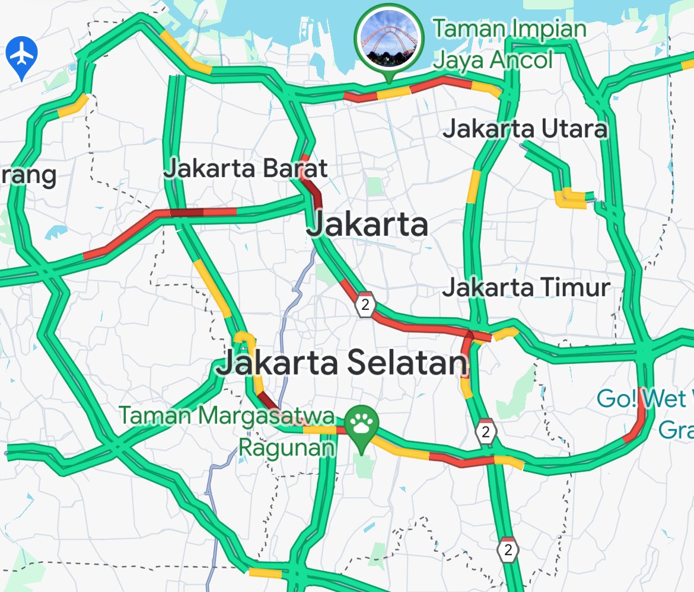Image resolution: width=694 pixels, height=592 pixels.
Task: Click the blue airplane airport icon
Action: [23, 55]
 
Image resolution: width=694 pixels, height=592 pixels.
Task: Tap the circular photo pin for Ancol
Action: [389, 37]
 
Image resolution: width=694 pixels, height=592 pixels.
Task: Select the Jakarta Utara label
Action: [525, 129]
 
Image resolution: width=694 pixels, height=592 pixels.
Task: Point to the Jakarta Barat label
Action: [245, 168]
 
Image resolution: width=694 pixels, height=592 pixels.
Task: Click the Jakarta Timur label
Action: [526, 288]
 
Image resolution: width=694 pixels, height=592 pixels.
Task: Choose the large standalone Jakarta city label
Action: [367, 225]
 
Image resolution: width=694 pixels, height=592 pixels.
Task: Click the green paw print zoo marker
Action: [361, 424]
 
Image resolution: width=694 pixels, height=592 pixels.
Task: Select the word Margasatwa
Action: [266, 416]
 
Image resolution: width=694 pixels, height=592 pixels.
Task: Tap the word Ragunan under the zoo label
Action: [286, 447]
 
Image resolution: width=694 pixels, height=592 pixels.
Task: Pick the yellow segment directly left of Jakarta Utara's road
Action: [474, 186]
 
